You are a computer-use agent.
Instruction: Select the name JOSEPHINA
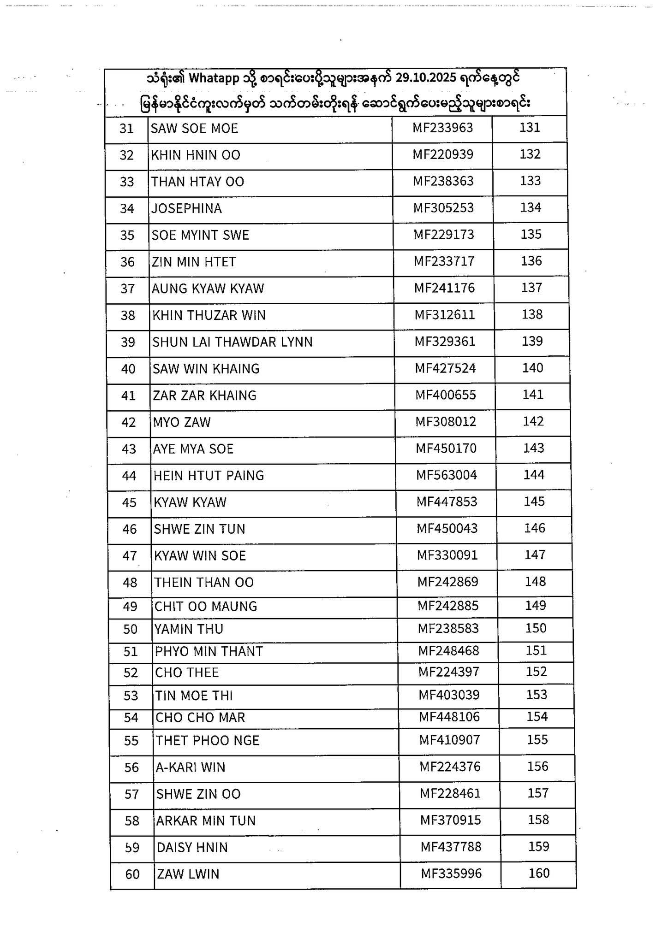pyautogui.click(x=186, y=208)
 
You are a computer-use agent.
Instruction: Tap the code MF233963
pyautogui.click(x=442, y=128)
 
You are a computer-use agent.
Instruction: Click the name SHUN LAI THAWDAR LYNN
pyautogui.click(x=233, y=342)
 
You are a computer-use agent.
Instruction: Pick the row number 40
pyautogui.click(x=128, y=369)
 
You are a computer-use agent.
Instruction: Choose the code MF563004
pyautogui.click(x=447, y=475)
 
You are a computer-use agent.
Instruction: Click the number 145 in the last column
pyautogui.click(x=534, y=501)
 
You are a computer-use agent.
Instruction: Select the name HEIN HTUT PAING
pyautogui.click(x=209, y=476)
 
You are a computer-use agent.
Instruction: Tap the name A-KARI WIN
pyautogui.click(x=191, y=767)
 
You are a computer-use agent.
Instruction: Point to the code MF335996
pyautogui.click(x=451, y=873)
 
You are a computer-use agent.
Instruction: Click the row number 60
pyautogui.click(x=132, y=874)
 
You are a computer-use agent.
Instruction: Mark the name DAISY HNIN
pyautogui.click(x=192, y=848)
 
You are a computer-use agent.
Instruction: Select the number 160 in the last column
pyautogui.click(x=539, y=873)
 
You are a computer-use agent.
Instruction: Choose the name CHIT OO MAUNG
pyautogui.click(x=205, y=606)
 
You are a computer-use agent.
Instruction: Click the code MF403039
pyautogui.click(x=449, y=695)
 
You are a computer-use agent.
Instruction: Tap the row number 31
pyautogui.click(x=126, y=128)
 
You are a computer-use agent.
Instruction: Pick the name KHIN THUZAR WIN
pyautogui.click(x=209, y=315)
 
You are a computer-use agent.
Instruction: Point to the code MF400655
pyautogui.click(x=446, y=395)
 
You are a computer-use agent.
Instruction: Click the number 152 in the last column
pyautogui.click(x=537, y=672)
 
